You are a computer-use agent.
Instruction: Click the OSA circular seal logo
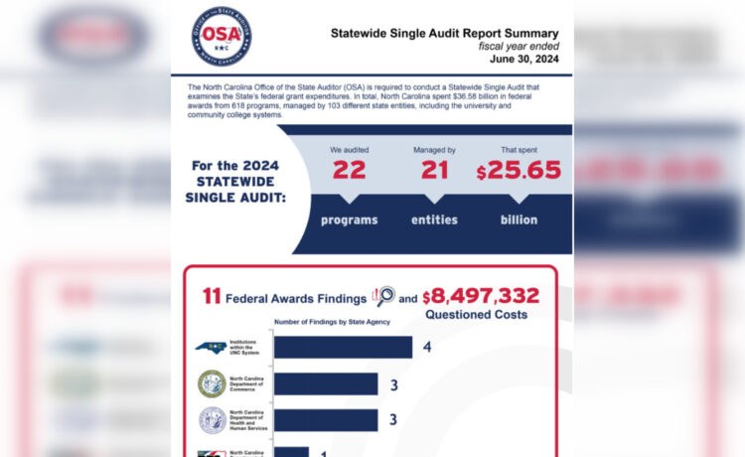coord(221,36)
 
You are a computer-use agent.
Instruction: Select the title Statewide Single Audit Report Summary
coord(445,33)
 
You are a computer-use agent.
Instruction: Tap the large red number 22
coord(349,170)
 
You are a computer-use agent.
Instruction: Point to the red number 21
coord(434,170)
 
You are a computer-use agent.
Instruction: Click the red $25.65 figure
coord(519,170)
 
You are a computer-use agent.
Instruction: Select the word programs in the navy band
coord(349,220)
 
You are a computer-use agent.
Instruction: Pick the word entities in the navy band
coord(434,220)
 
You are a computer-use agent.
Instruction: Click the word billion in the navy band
coord(519,220)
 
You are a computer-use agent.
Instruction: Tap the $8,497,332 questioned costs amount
coord(481,296)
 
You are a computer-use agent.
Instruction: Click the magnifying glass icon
coord(383,296)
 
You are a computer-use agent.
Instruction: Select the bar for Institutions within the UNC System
coord(343,347)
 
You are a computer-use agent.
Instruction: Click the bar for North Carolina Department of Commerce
coord(326,383)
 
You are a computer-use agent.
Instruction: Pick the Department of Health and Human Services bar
coord(326,419)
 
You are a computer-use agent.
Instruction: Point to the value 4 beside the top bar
coord(426,347)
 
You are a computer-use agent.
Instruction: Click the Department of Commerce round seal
coord(212,383)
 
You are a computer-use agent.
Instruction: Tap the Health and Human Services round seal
coord(212,419)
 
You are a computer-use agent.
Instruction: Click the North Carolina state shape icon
coord(211,348)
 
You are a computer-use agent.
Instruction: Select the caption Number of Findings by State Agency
coord(332,323)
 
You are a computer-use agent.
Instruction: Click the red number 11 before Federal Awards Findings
coord(211,296)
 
